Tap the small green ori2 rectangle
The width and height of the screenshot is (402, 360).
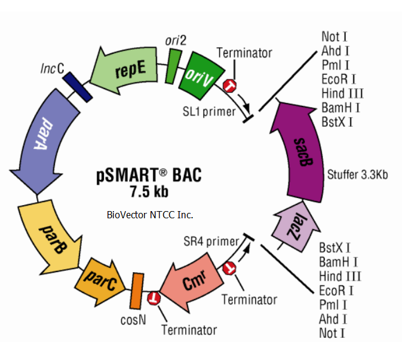[173, 64]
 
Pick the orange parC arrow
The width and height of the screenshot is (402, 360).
[99, 278]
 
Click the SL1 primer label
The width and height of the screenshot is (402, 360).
[208, 111]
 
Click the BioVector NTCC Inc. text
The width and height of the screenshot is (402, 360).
[150, 214]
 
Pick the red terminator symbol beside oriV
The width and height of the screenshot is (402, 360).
[231, 87]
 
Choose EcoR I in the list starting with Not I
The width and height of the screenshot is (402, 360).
[338, 79]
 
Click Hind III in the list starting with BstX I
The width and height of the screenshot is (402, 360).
[339, 276]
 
